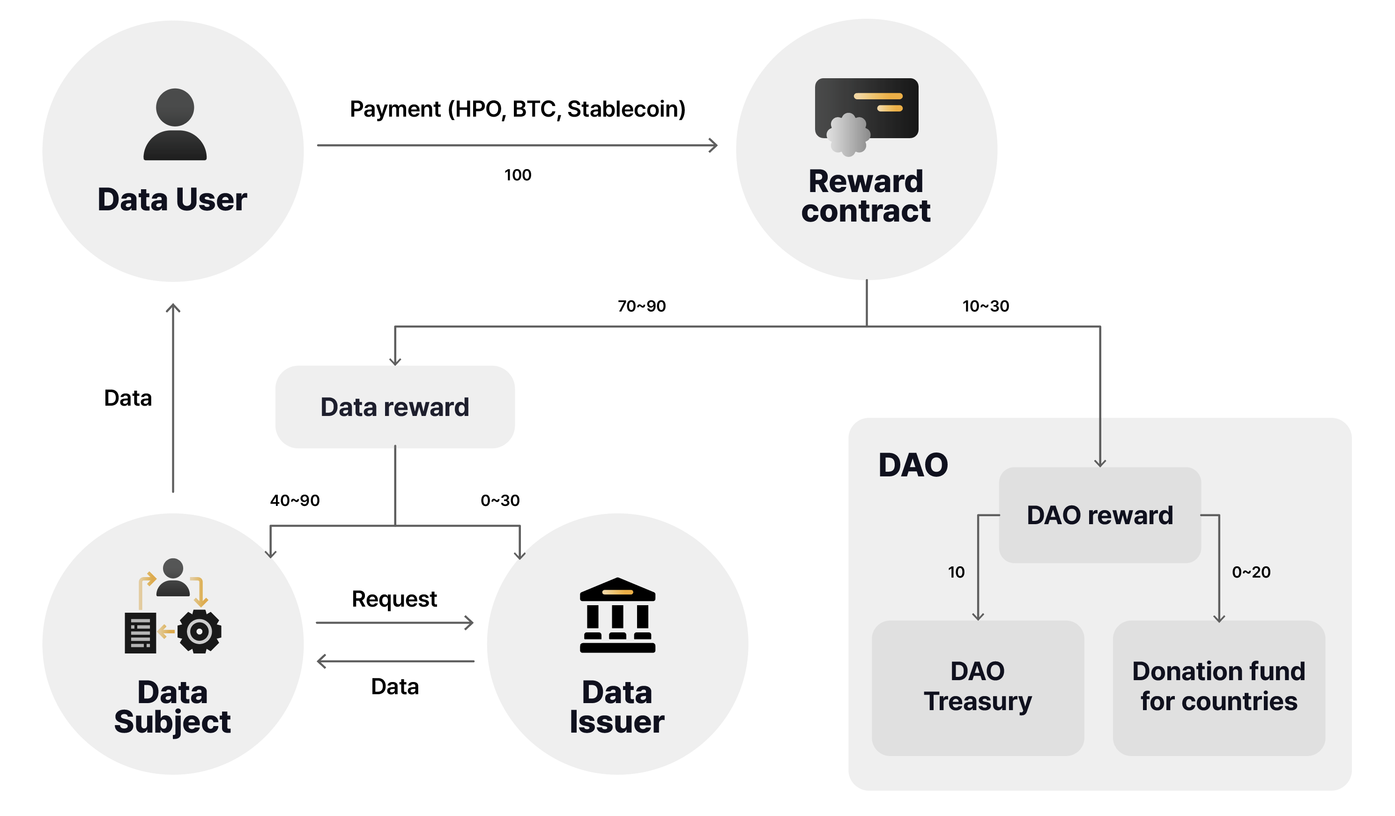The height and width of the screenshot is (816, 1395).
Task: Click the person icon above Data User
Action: (x=175, y=125)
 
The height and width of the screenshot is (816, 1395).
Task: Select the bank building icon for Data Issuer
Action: (x=617, y=615)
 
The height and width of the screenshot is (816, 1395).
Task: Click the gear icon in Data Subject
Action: (x=199, y=631)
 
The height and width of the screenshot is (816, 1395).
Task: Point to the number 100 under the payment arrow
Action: (x=518, y=175)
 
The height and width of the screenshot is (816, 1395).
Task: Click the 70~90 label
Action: (x=642, y=306)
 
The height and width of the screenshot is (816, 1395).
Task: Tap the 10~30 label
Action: (x=986, y=306)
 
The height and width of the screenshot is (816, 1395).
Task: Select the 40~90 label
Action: (x=295, y=500)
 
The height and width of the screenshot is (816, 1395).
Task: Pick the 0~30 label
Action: (x=500, y=500)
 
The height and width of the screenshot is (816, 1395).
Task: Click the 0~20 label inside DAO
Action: (x=1251, y=572)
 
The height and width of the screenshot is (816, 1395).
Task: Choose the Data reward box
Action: (x=395, y=407)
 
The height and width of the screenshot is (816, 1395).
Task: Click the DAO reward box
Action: (x=1099, y=515)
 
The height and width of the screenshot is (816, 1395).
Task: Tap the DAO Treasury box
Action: (x=978, y=687)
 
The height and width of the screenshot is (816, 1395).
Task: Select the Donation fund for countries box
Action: (x=1218, y=687)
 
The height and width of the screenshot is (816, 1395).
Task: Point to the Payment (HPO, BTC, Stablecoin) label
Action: (x=518, y=109)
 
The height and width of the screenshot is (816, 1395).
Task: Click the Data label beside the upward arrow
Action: (x=128, y=398)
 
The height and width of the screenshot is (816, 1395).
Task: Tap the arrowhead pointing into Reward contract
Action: (x=714, y=146)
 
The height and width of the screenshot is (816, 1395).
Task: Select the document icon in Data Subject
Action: (x=141, y=633)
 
